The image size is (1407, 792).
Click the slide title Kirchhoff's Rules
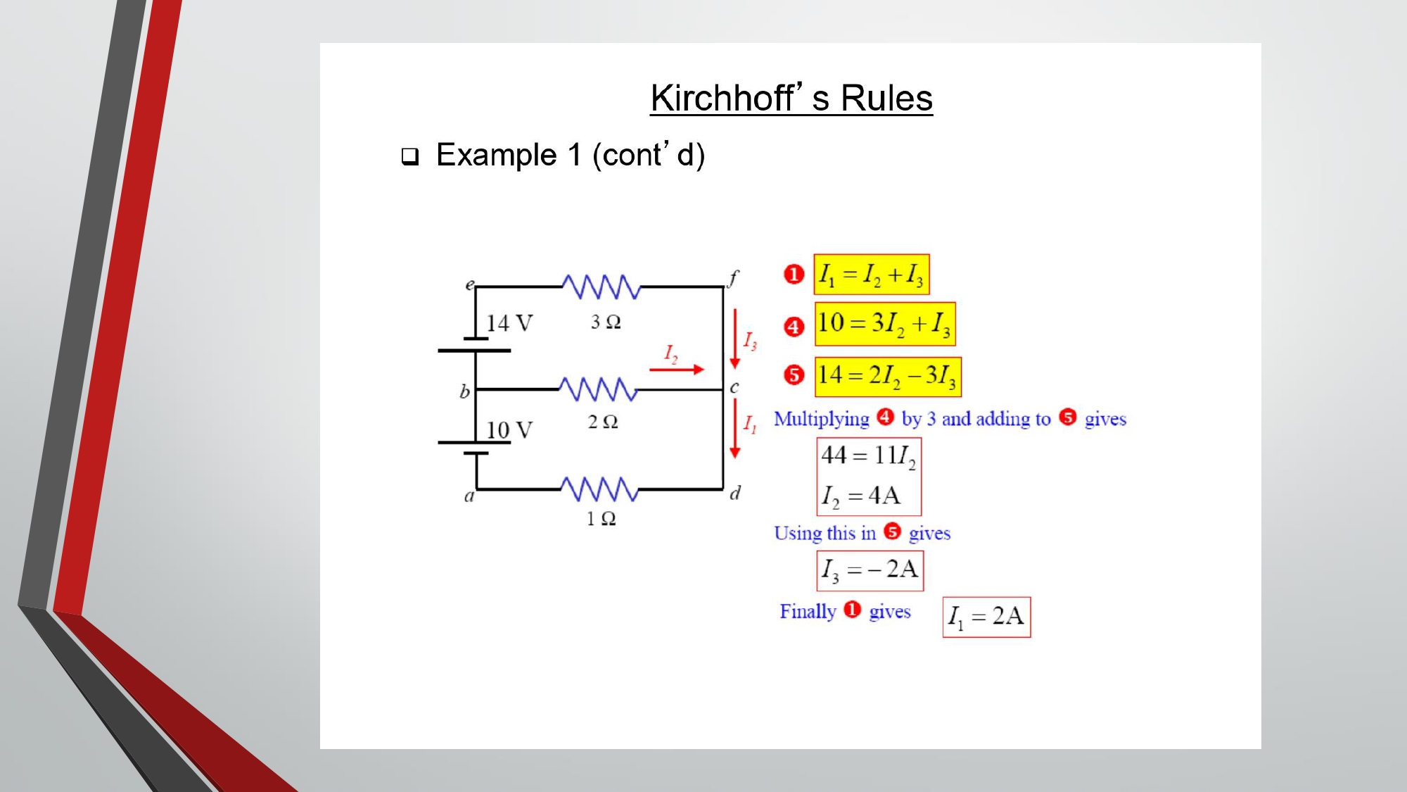click(791, 98)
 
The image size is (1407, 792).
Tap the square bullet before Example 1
click(410, 156)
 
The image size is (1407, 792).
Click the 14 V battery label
click(509, 323)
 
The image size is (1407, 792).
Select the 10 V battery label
click(509, 430)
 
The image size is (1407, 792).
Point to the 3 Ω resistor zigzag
click(601, 287)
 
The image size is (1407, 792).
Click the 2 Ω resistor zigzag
click(599, 389)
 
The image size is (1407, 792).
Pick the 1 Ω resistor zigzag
click(599, 489)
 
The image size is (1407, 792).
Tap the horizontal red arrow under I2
click(677, 369)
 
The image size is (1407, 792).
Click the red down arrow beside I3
click(735, 338)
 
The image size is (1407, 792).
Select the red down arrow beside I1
click(735, 428)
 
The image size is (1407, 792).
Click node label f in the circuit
click(733, 278)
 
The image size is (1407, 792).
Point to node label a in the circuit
click(469, 496)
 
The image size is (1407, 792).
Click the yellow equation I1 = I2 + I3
click(872, 275)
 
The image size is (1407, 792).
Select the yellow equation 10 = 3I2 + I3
click(885, 324)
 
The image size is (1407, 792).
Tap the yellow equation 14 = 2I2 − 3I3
click(888, 377)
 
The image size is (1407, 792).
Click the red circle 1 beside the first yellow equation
click(794, 275)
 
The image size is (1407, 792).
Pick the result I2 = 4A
click(861, 496)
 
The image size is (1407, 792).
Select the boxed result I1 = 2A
click(987, 617)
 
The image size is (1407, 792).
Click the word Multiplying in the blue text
click(822, 420)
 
